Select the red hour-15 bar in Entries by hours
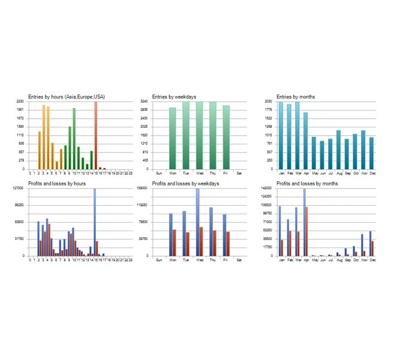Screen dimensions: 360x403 [95, 136]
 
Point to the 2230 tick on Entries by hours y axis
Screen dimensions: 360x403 [20, 102]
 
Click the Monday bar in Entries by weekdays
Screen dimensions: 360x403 [172, 139]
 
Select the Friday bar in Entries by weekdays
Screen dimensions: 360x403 [226, 137]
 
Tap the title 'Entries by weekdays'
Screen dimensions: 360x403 [174, 97]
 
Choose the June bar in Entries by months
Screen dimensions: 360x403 [322, 155]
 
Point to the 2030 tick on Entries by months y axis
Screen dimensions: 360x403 [268, 102]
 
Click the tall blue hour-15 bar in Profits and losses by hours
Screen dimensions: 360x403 [94, 222]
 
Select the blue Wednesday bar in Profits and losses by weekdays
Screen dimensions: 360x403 [197, 222]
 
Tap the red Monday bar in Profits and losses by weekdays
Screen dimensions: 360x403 [175, 242]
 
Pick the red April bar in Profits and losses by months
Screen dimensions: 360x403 [306, 232]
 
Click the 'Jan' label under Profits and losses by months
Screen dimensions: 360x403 [281, 259]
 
